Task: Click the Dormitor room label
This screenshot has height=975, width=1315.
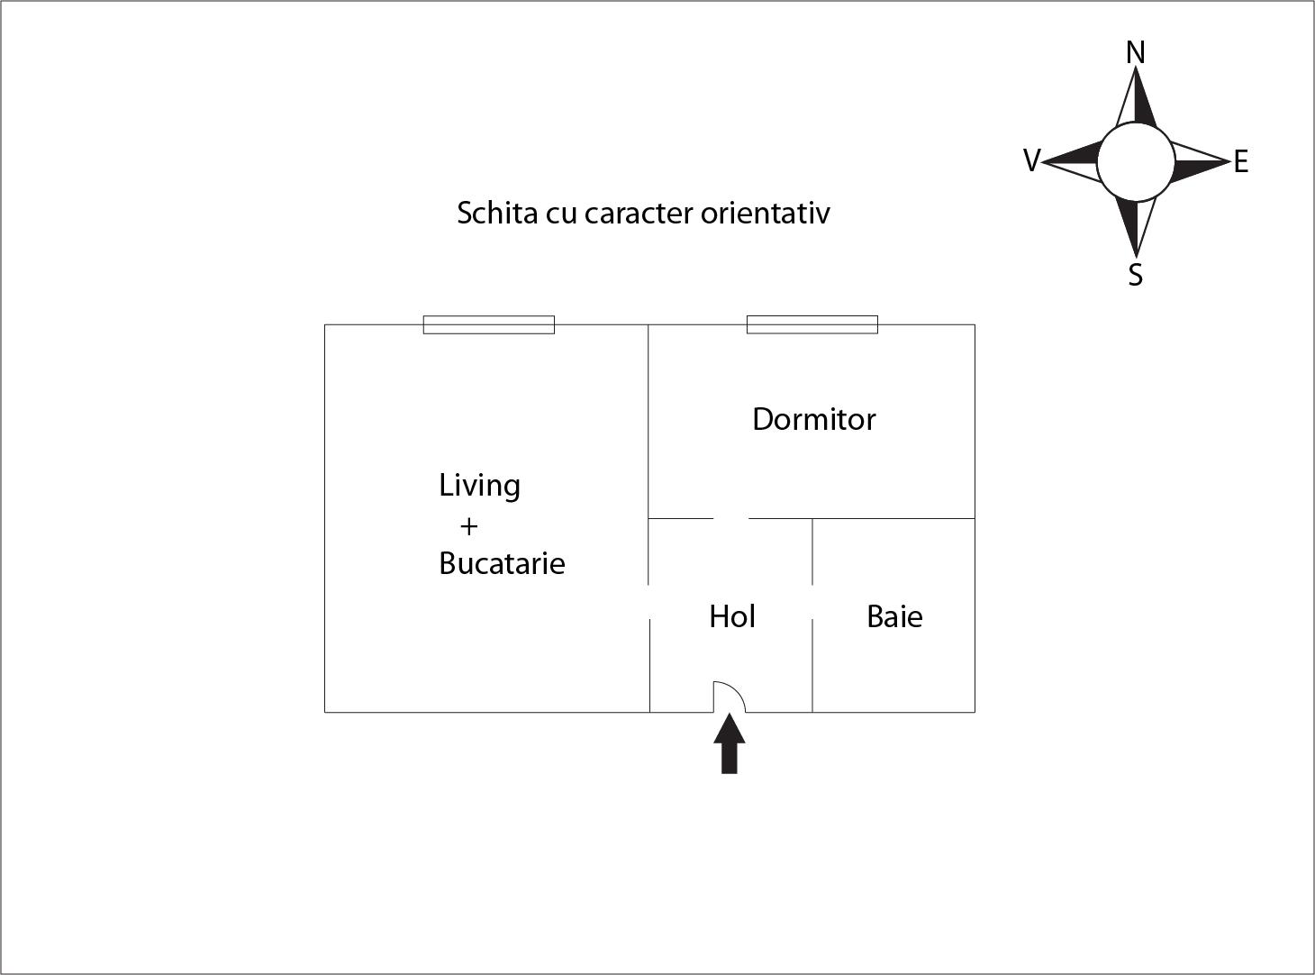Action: pyautogui.click(x=813, y=419)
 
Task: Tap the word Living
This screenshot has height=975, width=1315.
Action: pyautogui.click(x=479, y=486)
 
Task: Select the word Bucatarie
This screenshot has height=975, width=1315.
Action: pyautogui.click(x=502, y=563)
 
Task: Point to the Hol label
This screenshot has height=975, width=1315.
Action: pyautogui.click(x=731, y=616)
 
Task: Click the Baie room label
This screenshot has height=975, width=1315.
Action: pyautogui.click(x=894, y=616)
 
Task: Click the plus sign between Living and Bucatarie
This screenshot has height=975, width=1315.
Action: pyautogui.click(x=468, y=525)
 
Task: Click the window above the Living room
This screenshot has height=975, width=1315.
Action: pyautogui.click(x=489, y=324)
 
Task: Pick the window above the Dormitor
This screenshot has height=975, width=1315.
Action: pyautogui.click(x=812, y=324)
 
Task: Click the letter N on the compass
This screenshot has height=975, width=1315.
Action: pyautogui.click(x=1136, y=53)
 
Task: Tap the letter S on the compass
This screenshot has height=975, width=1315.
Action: pyautogui.click(x=1136, y=275)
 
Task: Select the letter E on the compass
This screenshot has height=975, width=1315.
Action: pyautogui.click(x=1241, y=162)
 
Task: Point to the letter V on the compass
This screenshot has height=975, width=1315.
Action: pyautogui.click(x=1031, y=160)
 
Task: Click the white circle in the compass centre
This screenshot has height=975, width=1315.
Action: pyautogui.click(x=1136, y=162)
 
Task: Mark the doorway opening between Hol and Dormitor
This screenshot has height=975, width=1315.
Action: pyautogui.click(x=731, y=519)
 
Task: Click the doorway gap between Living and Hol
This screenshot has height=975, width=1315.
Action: pyautogui.click(x=649, y=602)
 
